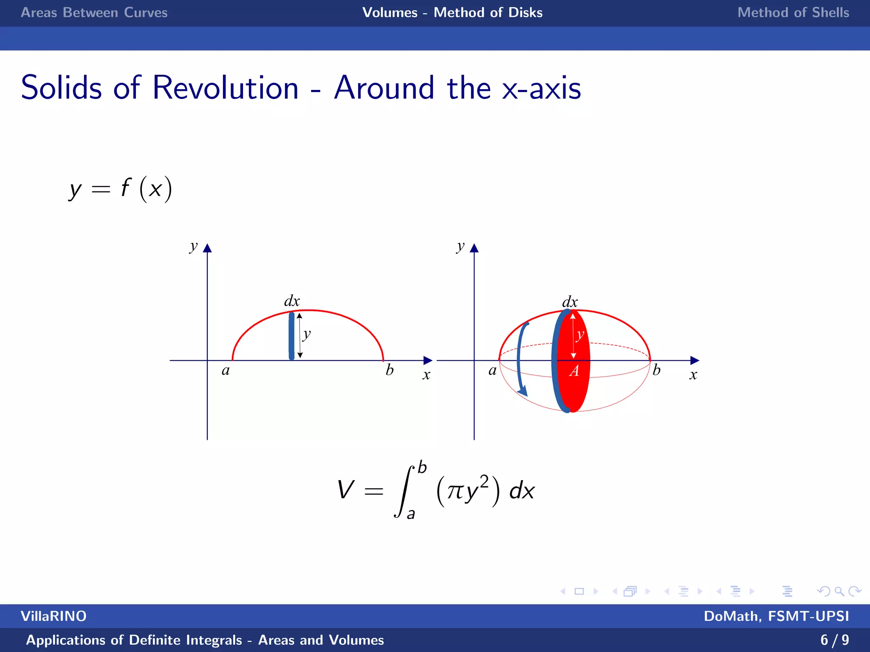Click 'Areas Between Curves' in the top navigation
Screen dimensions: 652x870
[x=94, y=13]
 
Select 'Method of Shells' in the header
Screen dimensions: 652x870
[x=793, y=13]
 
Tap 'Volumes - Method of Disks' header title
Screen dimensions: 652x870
[x=452, y=13]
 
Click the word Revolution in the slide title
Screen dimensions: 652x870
[x=225, y=88]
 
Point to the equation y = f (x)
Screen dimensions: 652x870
[x=121, y=189]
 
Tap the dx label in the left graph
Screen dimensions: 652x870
[x=292, y=301]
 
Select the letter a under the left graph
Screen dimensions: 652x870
[x=226, y=371]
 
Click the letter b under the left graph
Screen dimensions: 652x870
[x=389, y=370]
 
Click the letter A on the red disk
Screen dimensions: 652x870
[x=574, y=371]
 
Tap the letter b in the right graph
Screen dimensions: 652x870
[x=656, y=370]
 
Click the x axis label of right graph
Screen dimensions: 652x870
[x=693, y=375]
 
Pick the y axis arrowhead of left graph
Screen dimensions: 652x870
[x=207, y=248]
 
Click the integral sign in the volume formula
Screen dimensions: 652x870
[x=404, y=491]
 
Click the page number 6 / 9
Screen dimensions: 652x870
[x=834, y=640]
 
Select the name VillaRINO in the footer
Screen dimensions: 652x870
[x=54, y=616]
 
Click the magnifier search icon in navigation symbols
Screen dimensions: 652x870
[x=839, y=591]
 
